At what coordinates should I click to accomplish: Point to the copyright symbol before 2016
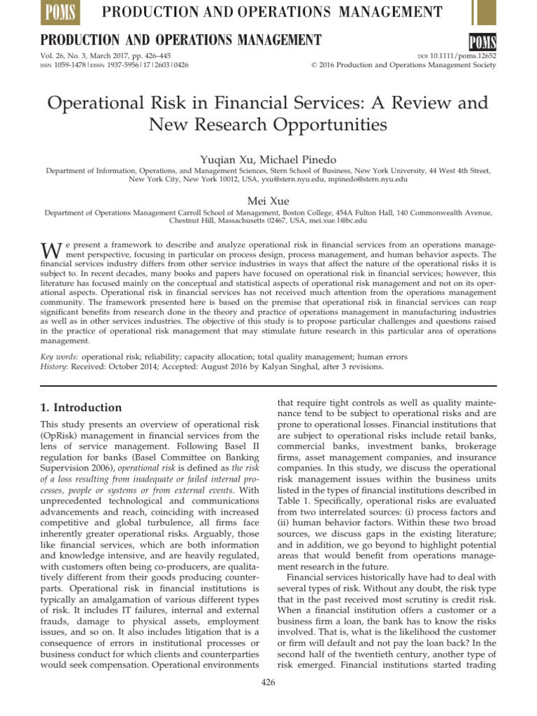click(x=313, y=65)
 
